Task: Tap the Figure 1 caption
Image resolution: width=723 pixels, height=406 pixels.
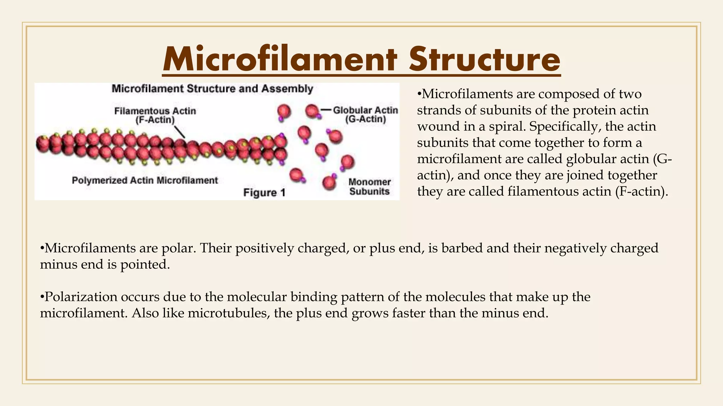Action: click(x=264, y=193)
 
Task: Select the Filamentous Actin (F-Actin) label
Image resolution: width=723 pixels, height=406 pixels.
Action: click(x=155, y=116)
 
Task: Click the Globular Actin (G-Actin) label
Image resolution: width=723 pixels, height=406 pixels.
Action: click(x=365, y=115)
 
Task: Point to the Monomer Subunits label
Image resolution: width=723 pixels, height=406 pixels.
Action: click(x=369, y=187)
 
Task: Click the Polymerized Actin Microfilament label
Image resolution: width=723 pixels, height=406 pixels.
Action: click(x=145, y=180)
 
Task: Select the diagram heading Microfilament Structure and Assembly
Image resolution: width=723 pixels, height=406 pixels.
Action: click(x=212, y=88)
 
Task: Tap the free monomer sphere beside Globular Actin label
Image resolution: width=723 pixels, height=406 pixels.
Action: click(x=312, y=111)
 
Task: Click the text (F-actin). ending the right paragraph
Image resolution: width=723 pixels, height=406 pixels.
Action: click(x=641, y=191)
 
